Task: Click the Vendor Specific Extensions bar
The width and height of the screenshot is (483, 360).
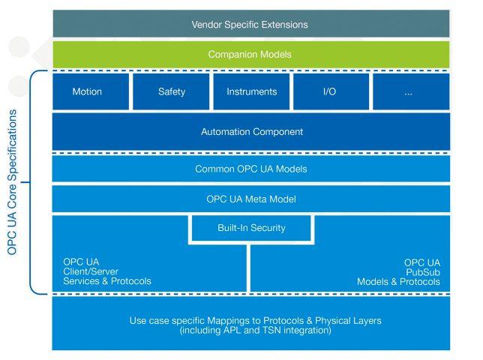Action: [x=251, y=24]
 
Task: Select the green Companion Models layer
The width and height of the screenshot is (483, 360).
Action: [x=251, y=55]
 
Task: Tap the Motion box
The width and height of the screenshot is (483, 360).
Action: [x=91, y=91]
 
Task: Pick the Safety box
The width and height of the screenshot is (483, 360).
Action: [x=171, y=91]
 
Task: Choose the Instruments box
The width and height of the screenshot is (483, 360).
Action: [x=251, y=91]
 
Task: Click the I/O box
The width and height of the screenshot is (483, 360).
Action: [x=331, y=91]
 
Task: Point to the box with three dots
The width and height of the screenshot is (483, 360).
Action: [x=411, y=91]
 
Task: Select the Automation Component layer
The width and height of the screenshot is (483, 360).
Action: [x=251, y=131]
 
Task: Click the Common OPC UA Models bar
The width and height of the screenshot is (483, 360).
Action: [x=251, y=169]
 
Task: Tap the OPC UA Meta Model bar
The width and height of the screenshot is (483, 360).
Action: [x=251, y=199]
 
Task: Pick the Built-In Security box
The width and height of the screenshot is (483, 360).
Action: [x=251, y=228]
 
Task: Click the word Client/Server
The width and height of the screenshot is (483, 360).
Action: [x=91, y=271]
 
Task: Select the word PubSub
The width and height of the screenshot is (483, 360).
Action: [x=423, y=272]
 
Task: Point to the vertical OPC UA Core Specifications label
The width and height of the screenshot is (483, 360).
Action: [x=12, y=182]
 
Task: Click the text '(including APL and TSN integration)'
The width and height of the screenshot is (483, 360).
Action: [x=255, y=331]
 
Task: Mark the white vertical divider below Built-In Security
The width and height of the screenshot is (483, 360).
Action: [x=248, y=268]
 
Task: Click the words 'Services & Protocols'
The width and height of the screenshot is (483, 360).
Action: [x=107, y=281]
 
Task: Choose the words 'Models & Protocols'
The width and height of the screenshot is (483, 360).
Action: [x=398, y=282]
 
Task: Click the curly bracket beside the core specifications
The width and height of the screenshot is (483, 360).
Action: [x=30, y=182]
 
